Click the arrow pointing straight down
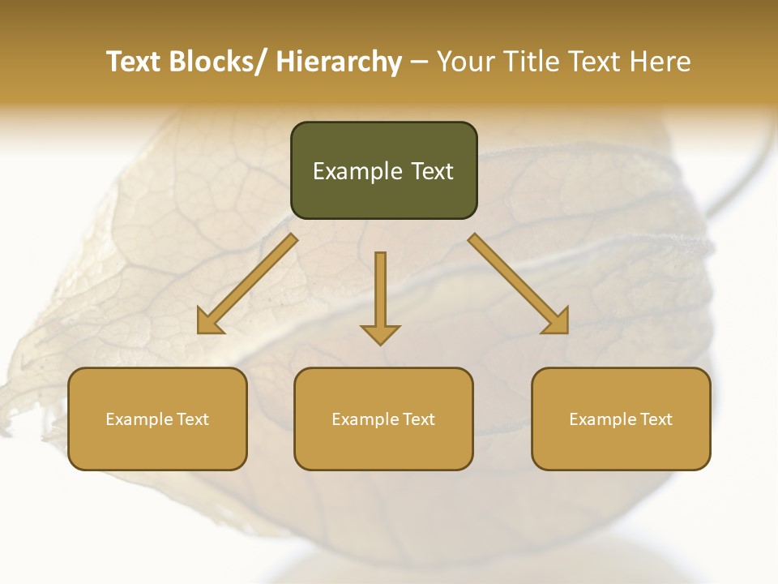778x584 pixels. [380, 296]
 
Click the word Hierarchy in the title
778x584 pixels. [339, 62]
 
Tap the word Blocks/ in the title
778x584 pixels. [220, 62]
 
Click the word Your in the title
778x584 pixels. [466, 62]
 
